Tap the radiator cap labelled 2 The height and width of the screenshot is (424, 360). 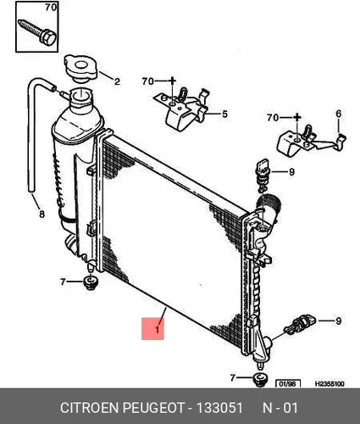pyautogui.click(x=81, y=69)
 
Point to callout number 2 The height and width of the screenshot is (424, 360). pyautogui.click(x=117, y=81)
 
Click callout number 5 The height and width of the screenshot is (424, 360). pyautogui.click(x=224, y=114)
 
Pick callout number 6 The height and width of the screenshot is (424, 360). pyautogui.click(x=339, y=114)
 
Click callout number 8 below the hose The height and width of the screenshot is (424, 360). pyautogui.click(x=42, y=215)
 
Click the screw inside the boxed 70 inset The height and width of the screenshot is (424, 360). pyautogui.click(x=37, y=32)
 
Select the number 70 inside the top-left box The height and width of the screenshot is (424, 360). pyautogui.click(x=51, y=8)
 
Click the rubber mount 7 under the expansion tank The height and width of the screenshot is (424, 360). pyautogui.click(x=91, y=283)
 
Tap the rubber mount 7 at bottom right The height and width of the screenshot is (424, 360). pyautogui.click(x=260, y=379)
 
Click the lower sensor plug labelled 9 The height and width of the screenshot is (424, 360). pyautogui.click(x=300, y=324)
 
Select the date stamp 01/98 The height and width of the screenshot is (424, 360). pyautogui.click(x=288, y=384)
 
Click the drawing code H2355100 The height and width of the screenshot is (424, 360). pyautogui.click(x=330, y=383)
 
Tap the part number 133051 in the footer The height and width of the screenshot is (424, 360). pyautogui.click(x=219, y=408)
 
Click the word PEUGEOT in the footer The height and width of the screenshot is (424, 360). pyautogui.click(x=152, y=408)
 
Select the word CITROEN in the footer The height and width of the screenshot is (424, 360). pyautogui.click(x=89, y=408)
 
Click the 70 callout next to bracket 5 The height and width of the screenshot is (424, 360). pyautogui.click(x=148, y=81)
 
